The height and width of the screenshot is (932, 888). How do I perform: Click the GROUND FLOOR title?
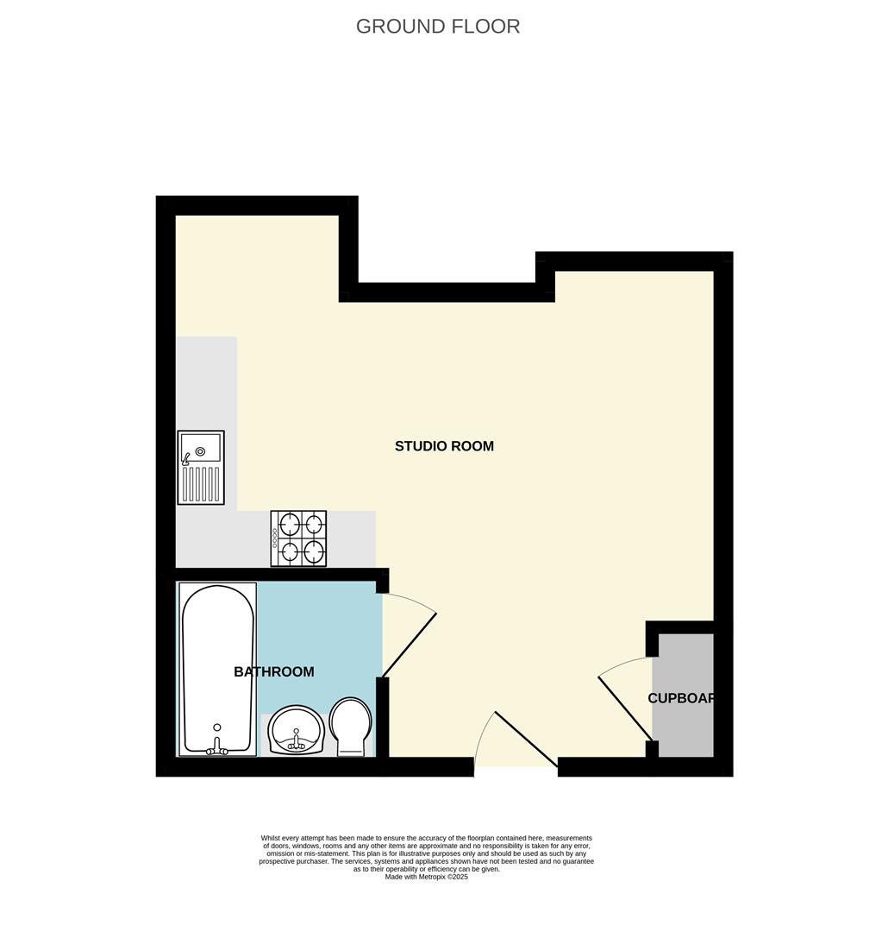438,26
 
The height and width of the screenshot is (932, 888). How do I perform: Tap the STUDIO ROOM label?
444,446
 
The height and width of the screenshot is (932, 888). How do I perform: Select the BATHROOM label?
273,671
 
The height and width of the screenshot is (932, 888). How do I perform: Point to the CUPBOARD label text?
681,698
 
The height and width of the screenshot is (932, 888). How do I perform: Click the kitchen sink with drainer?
201,467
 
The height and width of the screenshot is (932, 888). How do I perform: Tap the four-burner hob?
298,538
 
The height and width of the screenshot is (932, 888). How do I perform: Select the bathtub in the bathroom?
217,669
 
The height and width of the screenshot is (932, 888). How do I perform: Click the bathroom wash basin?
296,730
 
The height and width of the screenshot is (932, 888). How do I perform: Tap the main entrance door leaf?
526,739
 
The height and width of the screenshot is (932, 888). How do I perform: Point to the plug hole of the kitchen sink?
200,451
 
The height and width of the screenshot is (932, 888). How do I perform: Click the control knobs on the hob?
275,538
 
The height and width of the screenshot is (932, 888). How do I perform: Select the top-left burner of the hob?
289,524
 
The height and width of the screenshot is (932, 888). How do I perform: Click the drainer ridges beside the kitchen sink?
202,484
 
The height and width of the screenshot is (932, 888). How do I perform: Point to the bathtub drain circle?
216,727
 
